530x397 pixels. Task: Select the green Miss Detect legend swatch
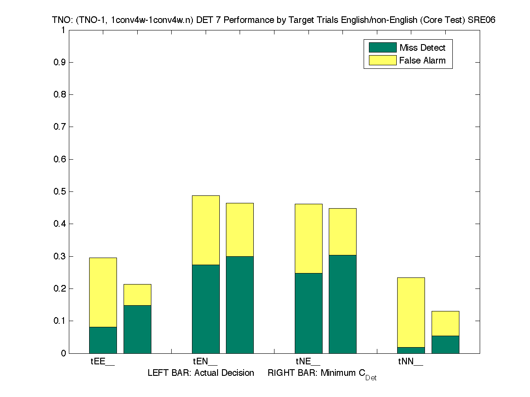pos(382,48)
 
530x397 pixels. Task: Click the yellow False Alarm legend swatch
pos(382,60)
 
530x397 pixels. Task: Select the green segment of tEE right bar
pos(137,329)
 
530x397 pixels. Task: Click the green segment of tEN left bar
pos(206,309)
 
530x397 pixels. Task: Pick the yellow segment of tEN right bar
pos(240,229)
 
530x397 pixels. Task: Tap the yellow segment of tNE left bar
pos(308,238)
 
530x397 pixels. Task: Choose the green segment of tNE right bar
pos(342,304)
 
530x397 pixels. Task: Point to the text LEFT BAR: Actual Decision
pos(201,373)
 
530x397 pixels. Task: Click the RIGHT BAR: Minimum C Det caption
pos(322,374)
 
